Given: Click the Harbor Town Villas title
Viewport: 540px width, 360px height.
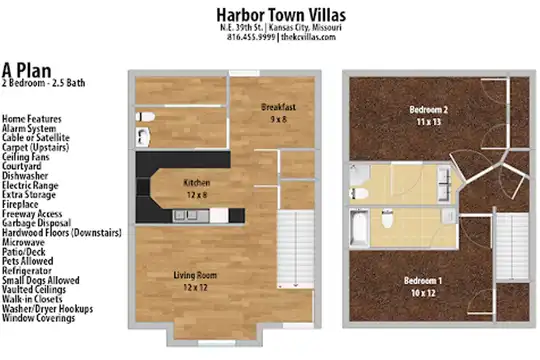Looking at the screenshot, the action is tap(281, 15).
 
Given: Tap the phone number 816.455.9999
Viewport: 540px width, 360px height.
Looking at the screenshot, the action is tap(251, 37).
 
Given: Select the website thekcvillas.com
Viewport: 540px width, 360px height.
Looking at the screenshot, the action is tap(308, 37).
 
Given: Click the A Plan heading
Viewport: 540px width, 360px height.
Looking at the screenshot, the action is tap(27, 70).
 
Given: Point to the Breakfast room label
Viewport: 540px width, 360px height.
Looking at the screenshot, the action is tap(278, 107).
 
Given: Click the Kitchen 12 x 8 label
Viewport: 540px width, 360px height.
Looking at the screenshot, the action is tap(197, 189).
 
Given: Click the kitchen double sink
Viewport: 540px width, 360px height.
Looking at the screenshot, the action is tap(186, 216).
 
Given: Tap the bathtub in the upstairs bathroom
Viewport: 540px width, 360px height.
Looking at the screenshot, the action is tap(359, 228).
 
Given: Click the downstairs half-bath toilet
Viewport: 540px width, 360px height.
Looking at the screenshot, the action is tap(145, 117).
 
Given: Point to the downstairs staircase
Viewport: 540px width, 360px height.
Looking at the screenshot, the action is tap(295, 249).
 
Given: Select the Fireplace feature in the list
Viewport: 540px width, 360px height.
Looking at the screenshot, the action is tap(20, 204).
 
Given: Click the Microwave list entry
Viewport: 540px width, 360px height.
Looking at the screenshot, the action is tap(23, 242).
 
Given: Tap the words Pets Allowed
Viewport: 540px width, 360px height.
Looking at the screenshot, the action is tap(28, 261).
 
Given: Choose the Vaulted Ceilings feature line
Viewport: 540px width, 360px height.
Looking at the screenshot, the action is tap(34, 290).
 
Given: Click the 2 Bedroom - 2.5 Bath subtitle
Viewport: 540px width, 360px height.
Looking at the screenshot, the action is tap(43, 83).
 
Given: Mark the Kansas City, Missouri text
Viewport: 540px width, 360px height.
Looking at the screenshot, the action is tap(305, 28).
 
